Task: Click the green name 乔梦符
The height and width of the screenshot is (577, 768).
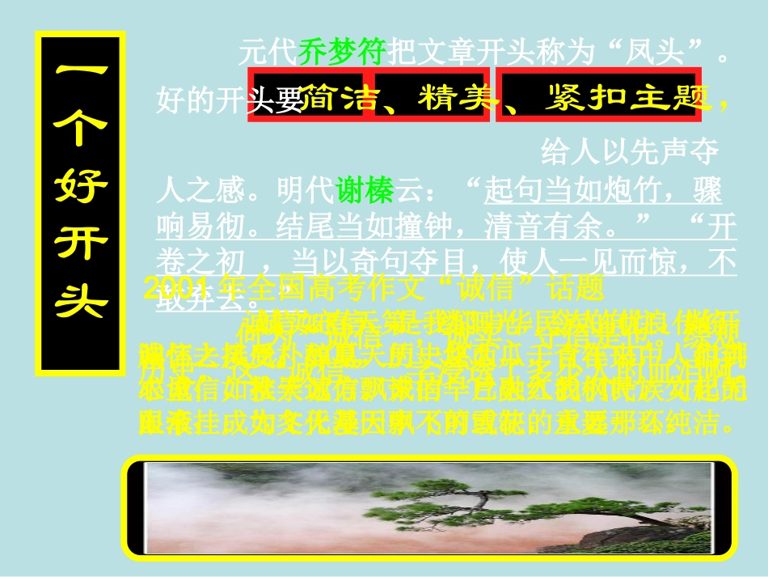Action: (x=344, y=53)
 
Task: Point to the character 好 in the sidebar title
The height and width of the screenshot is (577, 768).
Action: (x=81, y=188)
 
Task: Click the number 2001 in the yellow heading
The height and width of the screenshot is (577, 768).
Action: (x=173, y=289)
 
